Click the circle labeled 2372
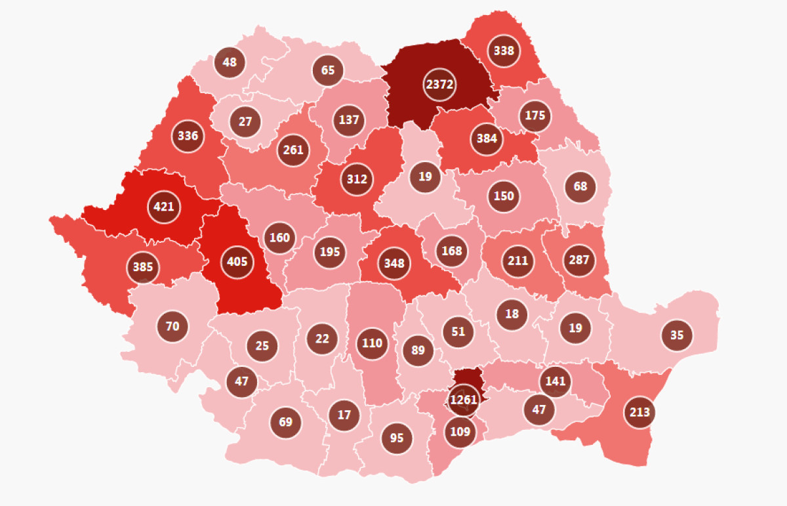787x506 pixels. [439, 85]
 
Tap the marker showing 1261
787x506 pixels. [463, 400]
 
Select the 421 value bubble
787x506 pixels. [163, 207]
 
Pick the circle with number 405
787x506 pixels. [237, 262]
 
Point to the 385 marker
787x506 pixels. [142, 267]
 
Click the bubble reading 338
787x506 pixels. [504, 51]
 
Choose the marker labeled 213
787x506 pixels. [639, 412]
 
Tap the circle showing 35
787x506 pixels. [677, 335]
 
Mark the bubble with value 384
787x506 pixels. [487, 138]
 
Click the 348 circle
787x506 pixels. [394, 263]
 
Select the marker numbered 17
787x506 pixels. [344, 415]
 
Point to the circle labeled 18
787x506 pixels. [512, 314]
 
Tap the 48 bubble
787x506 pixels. [230, 63]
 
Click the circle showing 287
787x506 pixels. [579, 260]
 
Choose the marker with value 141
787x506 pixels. [555, 381]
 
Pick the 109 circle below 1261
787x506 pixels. [460, 432]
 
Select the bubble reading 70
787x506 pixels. [172, 326]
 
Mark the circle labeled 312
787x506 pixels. [357, 179]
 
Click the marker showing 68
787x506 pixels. [580, 186]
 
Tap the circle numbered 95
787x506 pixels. [396, 437]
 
